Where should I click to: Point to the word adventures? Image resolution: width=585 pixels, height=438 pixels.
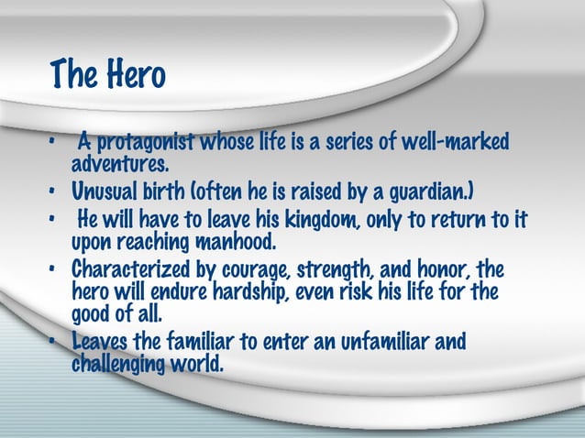[120, 165]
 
